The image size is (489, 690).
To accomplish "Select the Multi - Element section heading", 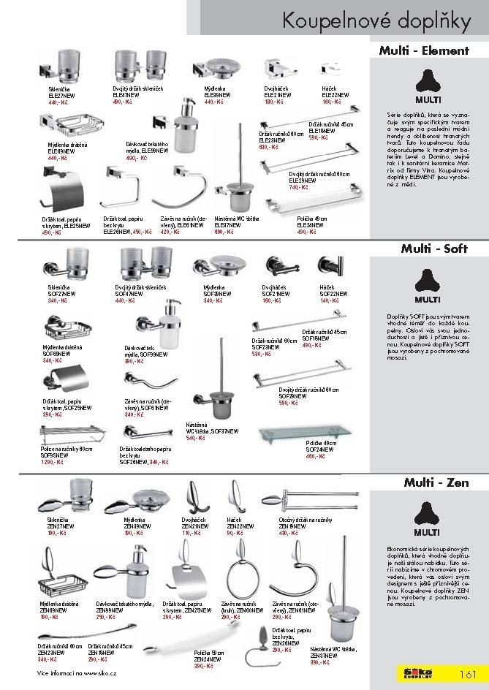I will tap(423, 51).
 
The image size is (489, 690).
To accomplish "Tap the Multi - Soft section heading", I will tap(433, 249).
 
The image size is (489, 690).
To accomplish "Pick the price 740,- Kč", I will tap(278, 187).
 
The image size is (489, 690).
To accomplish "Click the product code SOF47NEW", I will tap(126, 294).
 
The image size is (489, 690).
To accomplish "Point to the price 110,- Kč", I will tap(190, 534).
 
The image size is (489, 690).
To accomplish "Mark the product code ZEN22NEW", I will tap(240, 526).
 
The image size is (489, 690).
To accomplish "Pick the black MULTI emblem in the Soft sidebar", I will tap(428, 280).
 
